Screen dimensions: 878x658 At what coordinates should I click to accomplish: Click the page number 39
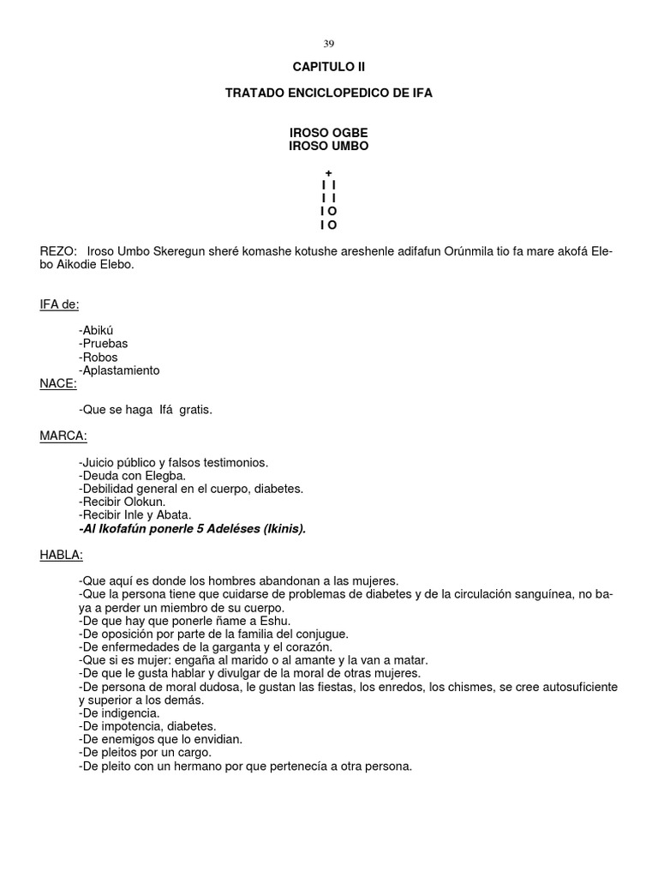click(329, 44)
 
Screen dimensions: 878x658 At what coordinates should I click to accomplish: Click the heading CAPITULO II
click(329, 67)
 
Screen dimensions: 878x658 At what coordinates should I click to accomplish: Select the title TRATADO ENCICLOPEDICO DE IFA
click(329, 93)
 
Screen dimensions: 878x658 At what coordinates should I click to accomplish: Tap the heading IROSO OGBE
click(329, 134)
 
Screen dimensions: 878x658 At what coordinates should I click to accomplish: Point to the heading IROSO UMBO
click(329, 147)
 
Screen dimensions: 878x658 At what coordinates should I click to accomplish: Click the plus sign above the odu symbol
click(329, 172)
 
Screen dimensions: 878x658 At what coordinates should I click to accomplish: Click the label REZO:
click(58, 251)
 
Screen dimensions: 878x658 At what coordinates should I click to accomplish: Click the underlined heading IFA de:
click(59, 304)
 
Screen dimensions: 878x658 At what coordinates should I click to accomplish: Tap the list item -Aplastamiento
click(118, 370)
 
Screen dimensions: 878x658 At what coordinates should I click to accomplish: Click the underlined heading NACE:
click(58, 383)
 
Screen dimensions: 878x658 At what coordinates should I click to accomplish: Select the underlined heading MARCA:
click(63, 436)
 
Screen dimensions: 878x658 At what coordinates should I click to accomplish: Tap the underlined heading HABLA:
click(62, 555)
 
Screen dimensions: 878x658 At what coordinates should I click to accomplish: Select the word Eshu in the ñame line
click(276, 621)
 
